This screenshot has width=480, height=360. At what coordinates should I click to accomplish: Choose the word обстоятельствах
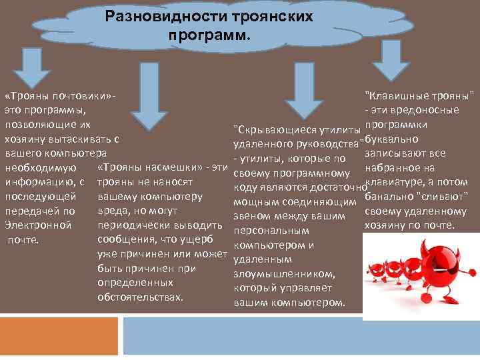coord(140,297)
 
